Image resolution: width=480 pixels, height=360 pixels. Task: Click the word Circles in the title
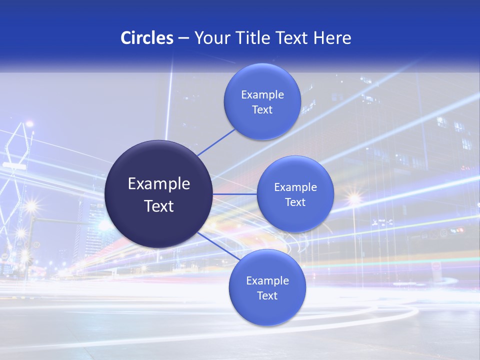tap(146, 38)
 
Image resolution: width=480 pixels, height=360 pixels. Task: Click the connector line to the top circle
tap(216, 142)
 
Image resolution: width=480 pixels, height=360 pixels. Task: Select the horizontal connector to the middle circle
tap(234, 194)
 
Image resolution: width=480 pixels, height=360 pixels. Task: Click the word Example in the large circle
tap(159, 184)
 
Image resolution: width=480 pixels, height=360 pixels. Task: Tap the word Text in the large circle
tap(159, 206)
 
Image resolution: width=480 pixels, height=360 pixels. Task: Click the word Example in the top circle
tap(262, 95)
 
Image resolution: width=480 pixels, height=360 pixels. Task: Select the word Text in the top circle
tap(262, 110)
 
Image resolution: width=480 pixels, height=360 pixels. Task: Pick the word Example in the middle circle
tap(295, 187)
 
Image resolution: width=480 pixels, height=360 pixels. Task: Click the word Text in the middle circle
tap(295, 202)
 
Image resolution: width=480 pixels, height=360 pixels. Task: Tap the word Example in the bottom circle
tap(267, 281)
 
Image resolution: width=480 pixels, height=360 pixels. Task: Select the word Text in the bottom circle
tap(267, 296)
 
